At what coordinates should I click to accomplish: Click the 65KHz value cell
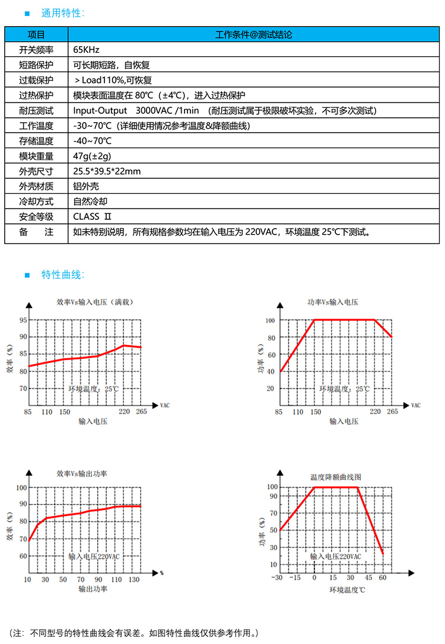pyautogui.click(x=86, y=49)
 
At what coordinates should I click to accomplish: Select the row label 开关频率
pyautogui.click(x=36, y=49)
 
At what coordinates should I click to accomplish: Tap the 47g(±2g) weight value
pyautogui.click(x=92, y=156)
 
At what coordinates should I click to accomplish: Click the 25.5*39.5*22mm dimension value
pyautogui.click(x=107, y=171)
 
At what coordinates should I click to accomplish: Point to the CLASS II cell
pyautogui.click(x=93, y=216)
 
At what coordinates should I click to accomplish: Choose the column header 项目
pyautogui.click(x=36, y=34)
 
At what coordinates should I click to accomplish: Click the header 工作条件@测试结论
pyautogui.click(x=253, y=34)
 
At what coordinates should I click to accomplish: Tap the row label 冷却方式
pyautogui.click(x=36, y=201)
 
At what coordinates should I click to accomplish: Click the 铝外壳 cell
pyautogui.click(x=86, y=186)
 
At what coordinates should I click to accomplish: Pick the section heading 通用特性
pyautogui.click(x=63, y=13)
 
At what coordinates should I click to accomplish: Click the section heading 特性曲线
pyautogui.click(x=63, y=274)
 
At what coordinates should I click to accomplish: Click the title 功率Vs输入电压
pyautogui.click(x=332, y=302)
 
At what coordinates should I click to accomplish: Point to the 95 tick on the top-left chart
pyautogui.click(x=23, y=320)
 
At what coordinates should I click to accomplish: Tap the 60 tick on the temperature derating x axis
pyautogui.click(x=383, y=578)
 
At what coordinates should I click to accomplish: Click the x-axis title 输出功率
pyautogui.click(x=93, y=589)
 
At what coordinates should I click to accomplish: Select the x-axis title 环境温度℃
pyautogui.click(x=348, y=590)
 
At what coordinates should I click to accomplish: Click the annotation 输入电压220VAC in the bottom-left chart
pyautogui.click(x=94, y=557)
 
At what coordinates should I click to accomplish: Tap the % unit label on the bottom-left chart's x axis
pyautogui.click(x=161, y=573)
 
